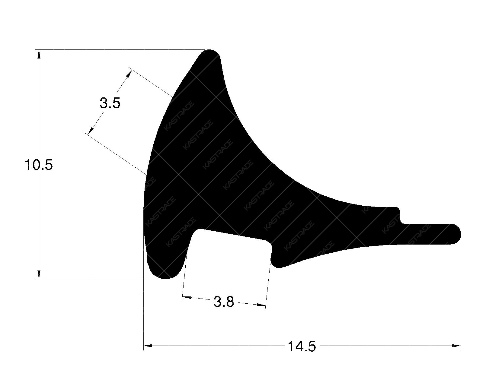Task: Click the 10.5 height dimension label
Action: point(39,165)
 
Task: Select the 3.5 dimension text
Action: point(110,103)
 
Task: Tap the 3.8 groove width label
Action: point(224,302)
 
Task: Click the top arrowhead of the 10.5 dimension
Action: point(39,54)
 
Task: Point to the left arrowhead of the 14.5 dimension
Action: point(148,346)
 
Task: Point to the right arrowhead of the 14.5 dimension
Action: point(456,346)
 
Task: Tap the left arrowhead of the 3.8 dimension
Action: point(187,298)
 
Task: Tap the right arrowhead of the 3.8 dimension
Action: point(261,305)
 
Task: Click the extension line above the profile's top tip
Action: point(121,49)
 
